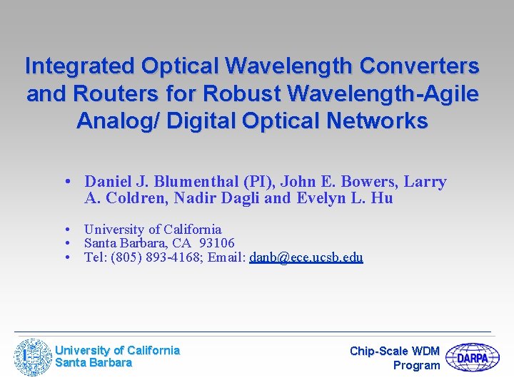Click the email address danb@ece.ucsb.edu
coord(306,257)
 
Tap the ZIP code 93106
coord(217,243)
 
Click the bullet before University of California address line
coord(66,230)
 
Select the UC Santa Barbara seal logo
coord(34,357)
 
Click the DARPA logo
coord(472,358)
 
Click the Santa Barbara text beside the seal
coord(94,363)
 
